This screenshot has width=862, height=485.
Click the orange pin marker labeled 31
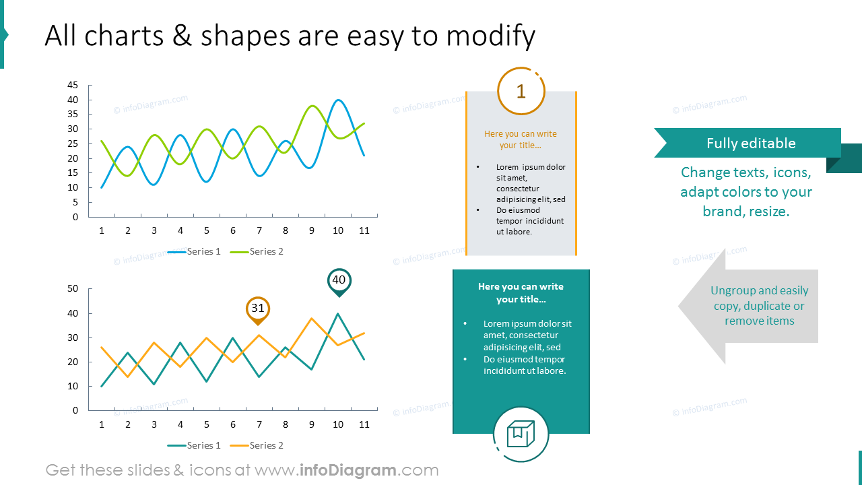(x=258, y=309)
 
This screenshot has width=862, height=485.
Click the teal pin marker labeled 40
(x=339, y=281)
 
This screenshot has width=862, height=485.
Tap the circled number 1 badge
(x=521, y=91)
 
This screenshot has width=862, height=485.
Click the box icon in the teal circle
(x=521, y=434)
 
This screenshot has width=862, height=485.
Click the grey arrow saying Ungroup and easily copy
(x=749, y=306)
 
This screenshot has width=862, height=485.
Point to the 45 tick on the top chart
(x=73, y=85)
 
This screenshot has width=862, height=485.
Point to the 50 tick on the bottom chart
(x=73, y=289)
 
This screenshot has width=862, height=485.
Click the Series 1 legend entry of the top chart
(x=195, y=251)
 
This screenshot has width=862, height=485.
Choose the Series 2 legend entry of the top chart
(x=257, y=251)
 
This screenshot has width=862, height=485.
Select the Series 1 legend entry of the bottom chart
(x=195, y=445)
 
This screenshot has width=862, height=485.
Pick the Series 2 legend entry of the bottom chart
(x=257, y=445)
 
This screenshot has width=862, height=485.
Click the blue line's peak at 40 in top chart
(x=339, y=100)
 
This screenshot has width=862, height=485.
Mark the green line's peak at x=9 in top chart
(x=312, y=106)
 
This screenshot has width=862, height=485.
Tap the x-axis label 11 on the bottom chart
(x=364, y=424)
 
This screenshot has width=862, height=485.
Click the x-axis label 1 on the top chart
(x=102, y=230)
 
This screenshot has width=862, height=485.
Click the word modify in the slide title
(x=490, y=36)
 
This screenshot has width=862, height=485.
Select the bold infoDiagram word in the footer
(x=347, y=470)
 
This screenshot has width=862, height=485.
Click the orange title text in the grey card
(x=521, y=139)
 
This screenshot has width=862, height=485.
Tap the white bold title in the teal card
(x=521, y=293)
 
